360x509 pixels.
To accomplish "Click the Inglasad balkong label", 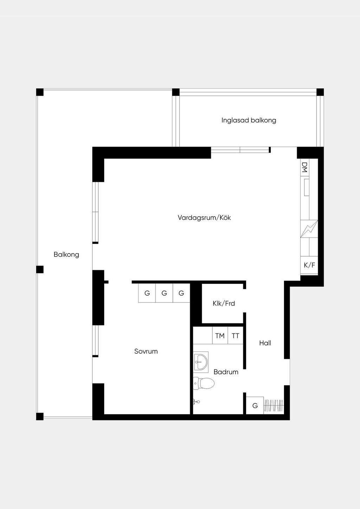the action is click(249, 120).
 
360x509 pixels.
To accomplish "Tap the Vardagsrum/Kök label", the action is click(204, 218).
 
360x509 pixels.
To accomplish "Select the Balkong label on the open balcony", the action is click(66, 254).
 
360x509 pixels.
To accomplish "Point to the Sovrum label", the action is click(146, 351).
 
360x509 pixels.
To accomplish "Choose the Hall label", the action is click(265, 343).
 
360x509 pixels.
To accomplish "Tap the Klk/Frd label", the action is click(224, 303).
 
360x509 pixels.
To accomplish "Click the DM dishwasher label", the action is click(304, 167).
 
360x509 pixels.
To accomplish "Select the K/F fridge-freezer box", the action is click(309, 265).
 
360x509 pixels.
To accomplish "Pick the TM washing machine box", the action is click(220, 335).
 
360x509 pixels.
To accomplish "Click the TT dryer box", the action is click(236, 335).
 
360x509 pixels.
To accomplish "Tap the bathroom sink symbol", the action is click(201, 362).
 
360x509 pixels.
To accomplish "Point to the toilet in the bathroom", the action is click(204, 384).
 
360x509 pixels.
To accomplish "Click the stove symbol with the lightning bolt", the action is click(309, 228).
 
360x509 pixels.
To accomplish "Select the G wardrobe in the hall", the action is click(255, 405).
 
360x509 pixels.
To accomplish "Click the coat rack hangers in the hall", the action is click(274, 405).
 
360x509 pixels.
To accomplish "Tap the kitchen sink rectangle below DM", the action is click(307, 187).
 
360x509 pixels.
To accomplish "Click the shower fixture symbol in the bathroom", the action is click(196, 402).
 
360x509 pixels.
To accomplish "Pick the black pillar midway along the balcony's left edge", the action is click(40, 269).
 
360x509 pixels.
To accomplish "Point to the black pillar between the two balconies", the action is click(176, 92).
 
